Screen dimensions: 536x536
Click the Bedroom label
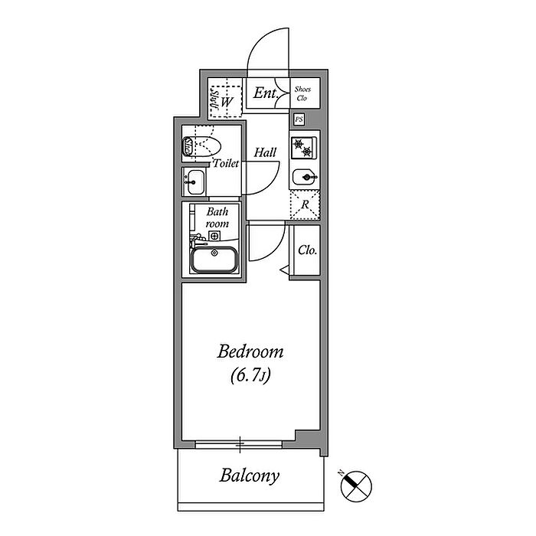(250, 352)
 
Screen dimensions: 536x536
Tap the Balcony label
(250, 476)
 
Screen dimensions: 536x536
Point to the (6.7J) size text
(250, 376)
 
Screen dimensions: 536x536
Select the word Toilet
(226, 163)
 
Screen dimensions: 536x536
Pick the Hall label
(266, 153)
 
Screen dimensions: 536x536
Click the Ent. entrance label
(266, 94)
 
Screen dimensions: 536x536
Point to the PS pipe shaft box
(299, 119)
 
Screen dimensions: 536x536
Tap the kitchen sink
(306, 177)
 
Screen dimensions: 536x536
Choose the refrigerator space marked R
(305, 204)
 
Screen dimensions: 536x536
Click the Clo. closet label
(307, 250)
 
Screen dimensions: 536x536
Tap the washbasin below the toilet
(194, 182)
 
